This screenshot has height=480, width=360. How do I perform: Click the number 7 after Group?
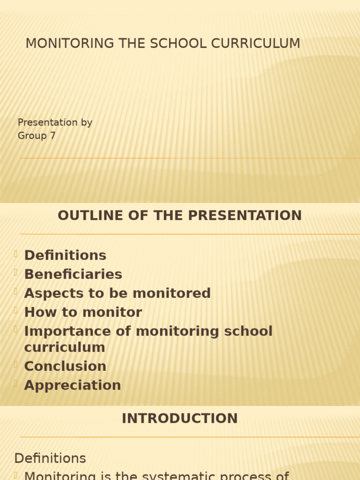coord(52,136)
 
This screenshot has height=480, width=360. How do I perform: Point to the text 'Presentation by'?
coord(55,123)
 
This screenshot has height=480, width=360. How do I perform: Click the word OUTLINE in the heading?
coord(84,216)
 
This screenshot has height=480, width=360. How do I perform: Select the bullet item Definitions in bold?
coord(65,255)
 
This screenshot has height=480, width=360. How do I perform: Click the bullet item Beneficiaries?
coord(73,274)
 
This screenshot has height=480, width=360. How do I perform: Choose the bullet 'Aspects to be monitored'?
coord(117,293)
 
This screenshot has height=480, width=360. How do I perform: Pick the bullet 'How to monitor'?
coord(83,312)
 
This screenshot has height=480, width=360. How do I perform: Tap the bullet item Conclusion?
coord(65,366)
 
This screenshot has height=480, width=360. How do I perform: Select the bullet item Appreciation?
coord(73,385)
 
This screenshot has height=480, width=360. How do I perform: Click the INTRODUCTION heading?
coord(180,419)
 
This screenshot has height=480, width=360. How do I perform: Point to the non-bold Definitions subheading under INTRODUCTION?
coord(50,458)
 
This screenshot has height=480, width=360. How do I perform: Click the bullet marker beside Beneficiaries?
coord(16,273)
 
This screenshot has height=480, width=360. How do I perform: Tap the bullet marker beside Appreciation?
coord(16,384)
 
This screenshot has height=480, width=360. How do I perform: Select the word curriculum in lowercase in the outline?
coord(65,348)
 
